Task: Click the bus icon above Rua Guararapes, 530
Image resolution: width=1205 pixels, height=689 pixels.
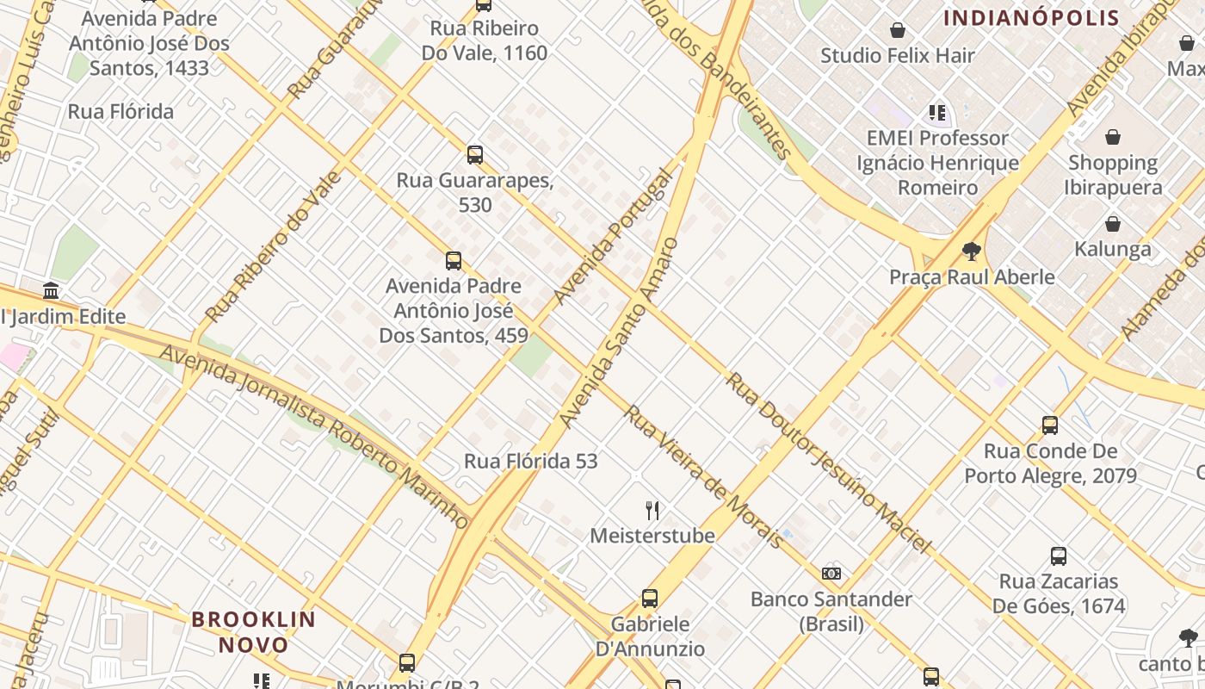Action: (x=474, y=155)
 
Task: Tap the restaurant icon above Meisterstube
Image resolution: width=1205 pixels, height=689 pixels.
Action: (x=652, y=511)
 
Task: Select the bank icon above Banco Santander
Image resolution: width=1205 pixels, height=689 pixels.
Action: (x=831, y=574)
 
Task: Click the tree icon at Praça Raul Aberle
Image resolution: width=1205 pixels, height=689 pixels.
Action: (x=972, y=251)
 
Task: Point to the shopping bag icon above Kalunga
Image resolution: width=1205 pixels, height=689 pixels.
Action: (x=1113, y=224)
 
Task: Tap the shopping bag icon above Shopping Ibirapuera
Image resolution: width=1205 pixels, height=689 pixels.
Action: (x=1113, y=137)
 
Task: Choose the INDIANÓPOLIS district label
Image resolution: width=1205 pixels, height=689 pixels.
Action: (x=1031, y=18)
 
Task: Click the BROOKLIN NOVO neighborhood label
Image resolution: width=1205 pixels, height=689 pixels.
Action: (x=253, y=631)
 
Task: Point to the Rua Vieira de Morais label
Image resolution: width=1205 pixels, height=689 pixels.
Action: (x=703, y=476)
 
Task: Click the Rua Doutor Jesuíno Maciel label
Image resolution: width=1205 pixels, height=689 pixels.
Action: (x=828, y=462)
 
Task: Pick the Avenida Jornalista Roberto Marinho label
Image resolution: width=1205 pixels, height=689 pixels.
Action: (x=315, y=436)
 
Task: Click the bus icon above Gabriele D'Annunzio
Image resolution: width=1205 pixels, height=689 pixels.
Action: (x=650, y=599)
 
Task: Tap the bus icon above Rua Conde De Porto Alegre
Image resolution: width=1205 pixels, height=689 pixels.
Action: (x=1050, y=425)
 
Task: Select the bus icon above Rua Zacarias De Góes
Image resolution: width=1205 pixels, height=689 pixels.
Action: (x=1059, y=556)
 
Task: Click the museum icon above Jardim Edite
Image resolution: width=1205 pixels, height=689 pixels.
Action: (x=51, y=290)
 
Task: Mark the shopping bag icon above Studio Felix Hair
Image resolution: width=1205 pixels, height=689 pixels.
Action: (x=898, y=31)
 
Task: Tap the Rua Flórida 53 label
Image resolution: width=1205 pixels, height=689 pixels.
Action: (x=530, y=462)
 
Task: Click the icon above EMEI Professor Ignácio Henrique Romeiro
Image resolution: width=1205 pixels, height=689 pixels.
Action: (x=937, y=113)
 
